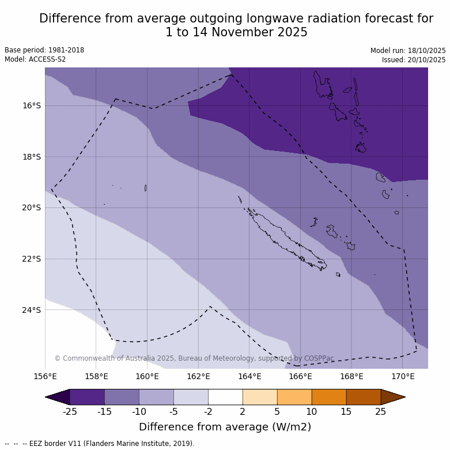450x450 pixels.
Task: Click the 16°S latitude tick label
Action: coord(32,105)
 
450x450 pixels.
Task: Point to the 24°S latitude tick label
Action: coord(32,310)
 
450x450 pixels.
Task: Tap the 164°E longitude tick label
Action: coord(249,377)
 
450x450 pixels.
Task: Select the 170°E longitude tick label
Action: coord(403,377)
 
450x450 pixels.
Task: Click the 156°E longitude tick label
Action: coord(45,377)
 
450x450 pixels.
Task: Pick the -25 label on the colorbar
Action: coord(70,411)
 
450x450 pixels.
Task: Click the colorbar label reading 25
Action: coord(381,411)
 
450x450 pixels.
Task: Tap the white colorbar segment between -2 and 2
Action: coord(225,397)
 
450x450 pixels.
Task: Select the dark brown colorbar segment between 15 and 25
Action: coord(364,397)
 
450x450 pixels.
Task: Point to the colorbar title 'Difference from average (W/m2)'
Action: coord(225,427)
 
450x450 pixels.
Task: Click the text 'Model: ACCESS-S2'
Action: coord(35,59)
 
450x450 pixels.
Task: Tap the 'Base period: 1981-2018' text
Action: coord(44,50)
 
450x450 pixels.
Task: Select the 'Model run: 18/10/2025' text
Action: coord(408,51)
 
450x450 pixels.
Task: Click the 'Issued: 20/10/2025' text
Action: coord(414,60)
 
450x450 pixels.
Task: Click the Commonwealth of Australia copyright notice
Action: coord(194,358)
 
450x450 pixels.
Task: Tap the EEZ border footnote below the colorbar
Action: coord(99,444)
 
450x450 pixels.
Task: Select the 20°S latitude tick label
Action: coord(32,207)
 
